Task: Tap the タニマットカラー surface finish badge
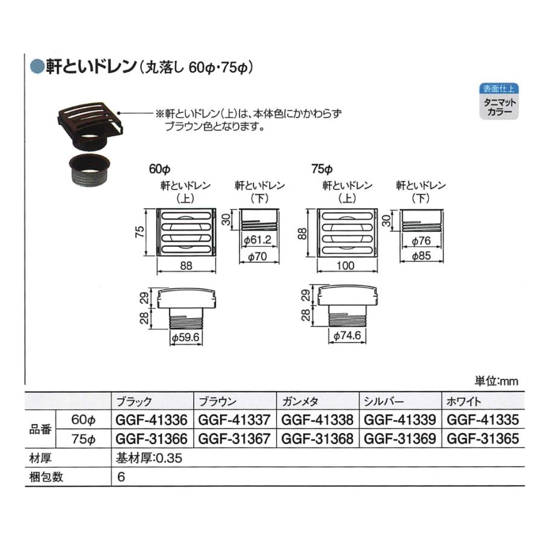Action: pos(498,108)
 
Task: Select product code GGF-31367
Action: pos(234,439)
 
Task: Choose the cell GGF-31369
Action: pos(400,439)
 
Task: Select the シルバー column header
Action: pos(381,401)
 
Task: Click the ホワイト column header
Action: pos(462,401)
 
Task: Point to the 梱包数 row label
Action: pos(47,477)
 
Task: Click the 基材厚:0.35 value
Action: pos(148,458)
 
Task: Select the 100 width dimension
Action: pos(346,266)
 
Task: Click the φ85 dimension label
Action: pos(422,257)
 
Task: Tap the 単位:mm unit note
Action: pos(496,381)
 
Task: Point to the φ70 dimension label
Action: pos(259,257)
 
